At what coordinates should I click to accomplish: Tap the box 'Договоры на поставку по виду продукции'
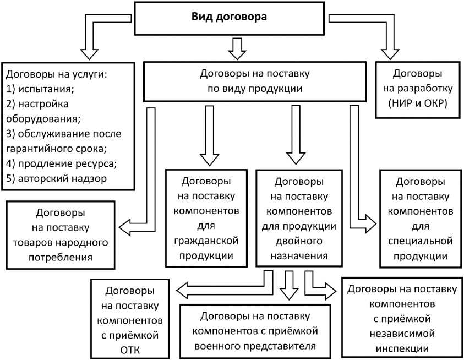click(x=254, y=79)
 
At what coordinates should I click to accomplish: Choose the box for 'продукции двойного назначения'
click(x=302, y=218)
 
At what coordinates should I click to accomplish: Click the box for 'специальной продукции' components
click(x=421, y=218)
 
